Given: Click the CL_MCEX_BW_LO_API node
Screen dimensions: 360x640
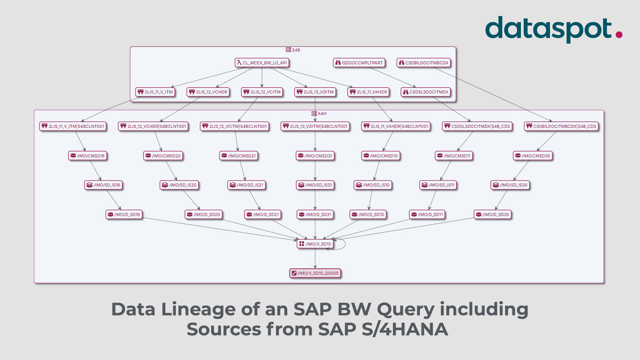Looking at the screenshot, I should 262,63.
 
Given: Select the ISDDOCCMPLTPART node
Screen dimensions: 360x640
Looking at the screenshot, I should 359,63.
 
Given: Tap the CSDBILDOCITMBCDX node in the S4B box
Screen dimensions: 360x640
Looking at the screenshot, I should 424,63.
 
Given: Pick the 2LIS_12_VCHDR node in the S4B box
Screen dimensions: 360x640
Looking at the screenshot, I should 208,92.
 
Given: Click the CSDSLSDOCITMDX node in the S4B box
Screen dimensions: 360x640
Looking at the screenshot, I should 426,92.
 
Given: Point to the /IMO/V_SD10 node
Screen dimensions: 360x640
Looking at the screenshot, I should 315,244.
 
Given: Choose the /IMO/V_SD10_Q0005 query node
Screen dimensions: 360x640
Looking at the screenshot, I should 315,273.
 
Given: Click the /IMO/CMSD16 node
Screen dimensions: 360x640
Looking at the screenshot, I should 88,156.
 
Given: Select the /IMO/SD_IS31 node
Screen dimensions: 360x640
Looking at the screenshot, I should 315,185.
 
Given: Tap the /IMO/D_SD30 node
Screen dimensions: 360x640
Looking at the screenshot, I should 493,215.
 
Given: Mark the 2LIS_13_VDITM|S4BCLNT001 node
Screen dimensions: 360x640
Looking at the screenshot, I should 315,126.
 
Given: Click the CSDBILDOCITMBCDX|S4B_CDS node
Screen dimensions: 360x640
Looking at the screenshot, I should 561,126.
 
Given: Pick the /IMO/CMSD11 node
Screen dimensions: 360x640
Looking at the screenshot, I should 454,156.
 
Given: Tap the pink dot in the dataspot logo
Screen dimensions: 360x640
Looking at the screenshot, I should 619,35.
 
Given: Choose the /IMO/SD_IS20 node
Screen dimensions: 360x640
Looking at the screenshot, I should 179,185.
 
